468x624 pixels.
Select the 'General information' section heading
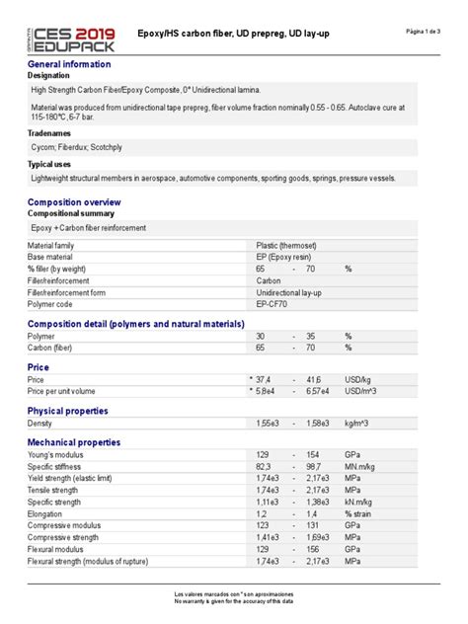click(69, 64)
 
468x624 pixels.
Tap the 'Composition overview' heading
click(75, 201)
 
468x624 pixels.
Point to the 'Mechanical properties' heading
click(75, 442)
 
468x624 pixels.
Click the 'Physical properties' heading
click(68, 411)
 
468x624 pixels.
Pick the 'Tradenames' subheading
click(50, 131)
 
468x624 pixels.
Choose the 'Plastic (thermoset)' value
click(287, 245)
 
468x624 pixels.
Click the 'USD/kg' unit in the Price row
click(358, 379)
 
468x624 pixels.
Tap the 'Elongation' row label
click(46, 513)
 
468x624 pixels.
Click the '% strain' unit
click(361, 513)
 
